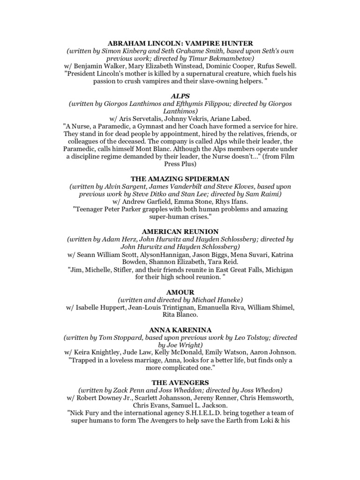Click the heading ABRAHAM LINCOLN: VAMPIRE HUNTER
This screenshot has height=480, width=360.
[180, 43]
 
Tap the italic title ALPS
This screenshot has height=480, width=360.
[180, 96]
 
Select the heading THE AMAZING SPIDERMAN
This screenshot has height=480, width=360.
[180, 178]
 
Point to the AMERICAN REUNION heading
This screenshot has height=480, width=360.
[180, 231]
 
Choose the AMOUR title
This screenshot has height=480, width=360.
[180, 292]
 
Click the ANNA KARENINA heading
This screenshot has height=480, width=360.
[180, 330]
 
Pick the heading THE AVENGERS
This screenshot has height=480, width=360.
[180, 382]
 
